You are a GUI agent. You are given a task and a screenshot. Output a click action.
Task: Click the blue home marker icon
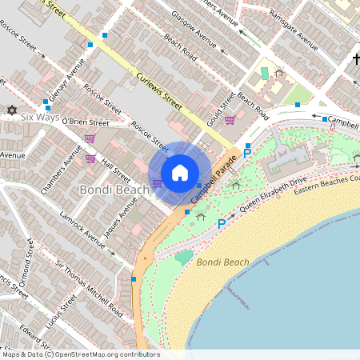pos(180,172)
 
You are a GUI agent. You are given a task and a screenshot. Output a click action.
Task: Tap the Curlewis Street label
pos(160,89)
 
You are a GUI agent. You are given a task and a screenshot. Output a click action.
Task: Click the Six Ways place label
pos(40,117)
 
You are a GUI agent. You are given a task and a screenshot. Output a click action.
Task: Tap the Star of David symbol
pos(11,110)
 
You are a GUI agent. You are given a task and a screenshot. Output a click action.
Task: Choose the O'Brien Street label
pos(85,123)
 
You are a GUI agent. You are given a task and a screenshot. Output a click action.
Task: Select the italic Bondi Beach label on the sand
pos(222,262)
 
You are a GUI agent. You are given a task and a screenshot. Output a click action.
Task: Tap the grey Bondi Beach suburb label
pos(114,190)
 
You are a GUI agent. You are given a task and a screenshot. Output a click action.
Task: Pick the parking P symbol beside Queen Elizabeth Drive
pos(222,224)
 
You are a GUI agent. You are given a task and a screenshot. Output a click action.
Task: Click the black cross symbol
pos(356,59)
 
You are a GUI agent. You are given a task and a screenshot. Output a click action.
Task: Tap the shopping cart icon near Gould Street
pos(230,120)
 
